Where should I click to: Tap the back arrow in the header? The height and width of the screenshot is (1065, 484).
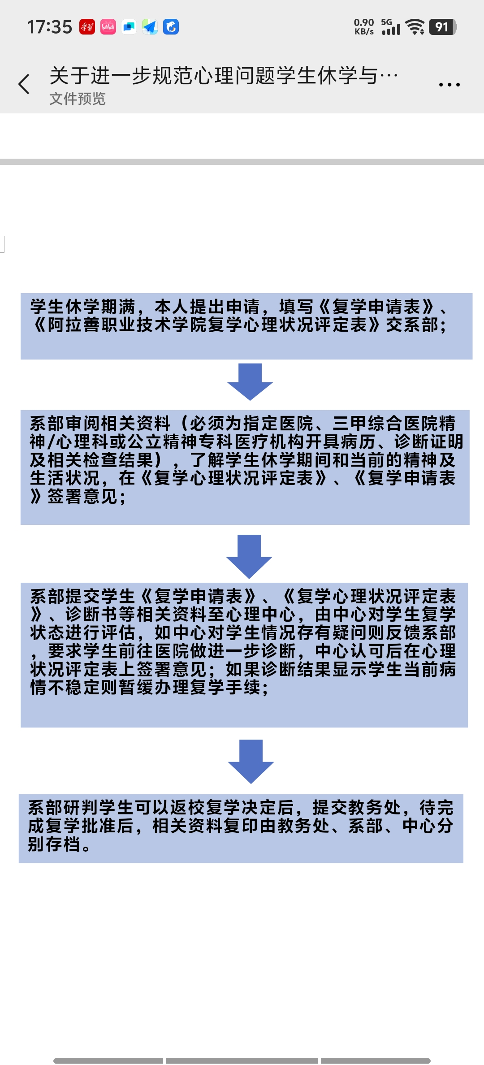click(24, 84)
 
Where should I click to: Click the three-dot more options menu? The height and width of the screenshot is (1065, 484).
click(449, 84)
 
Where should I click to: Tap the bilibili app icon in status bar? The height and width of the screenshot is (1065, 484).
click(108, 27)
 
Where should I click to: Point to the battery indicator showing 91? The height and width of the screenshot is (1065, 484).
click(442, 27)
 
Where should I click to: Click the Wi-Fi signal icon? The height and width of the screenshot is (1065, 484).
click(415, 27)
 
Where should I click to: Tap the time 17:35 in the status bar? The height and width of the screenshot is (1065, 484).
click(50, 27)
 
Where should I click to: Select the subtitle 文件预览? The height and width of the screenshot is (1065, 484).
click(78, 99)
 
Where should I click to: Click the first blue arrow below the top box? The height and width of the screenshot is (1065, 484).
click(250, 382)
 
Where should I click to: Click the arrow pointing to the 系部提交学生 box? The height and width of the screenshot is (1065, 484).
click(249, 557)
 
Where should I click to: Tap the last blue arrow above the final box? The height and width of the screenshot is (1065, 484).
click(251, 762)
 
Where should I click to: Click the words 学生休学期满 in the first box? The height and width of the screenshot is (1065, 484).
click(83, 307)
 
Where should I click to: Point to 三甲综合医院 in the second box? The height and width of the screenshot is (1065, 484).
click(385, 424)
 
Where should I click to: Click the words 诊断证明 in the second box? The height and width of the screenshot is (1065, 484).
click(429, 442)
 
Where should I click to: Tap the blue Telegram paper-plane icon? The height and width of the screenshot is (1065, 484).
click(150, 27)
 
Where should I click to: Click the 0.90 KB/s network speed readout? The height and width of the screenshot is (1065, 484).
click(364, 27)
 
